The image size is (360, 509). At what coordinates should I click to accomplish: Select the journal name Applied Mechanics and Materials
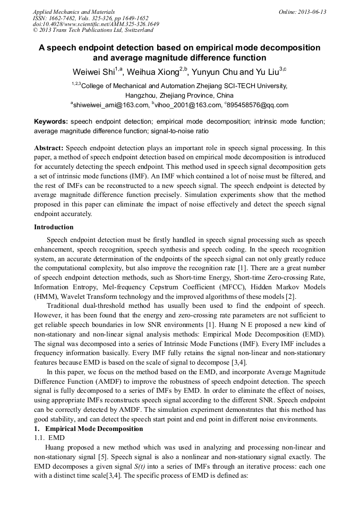coord(74,12)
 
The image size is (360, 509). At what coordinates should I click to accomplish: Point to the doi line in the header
coord(96,24)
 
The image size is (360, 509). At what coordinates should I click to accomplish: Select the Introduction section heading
coord(54,227)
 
